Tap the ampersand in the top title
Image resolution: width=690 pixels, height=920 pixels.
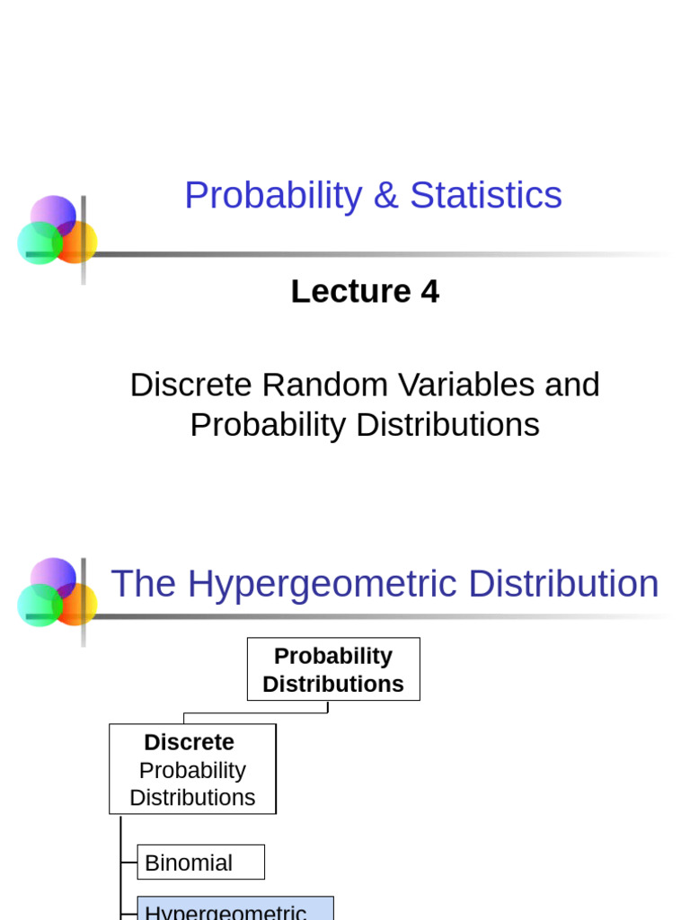point(385,196)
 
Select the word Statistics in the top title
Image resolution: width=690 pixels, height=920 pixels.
point(486,196)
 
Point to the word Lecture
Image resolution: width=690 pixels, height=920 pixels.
point(349,292)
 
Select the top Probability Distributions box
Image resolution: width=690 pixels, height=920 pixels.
point(333,669)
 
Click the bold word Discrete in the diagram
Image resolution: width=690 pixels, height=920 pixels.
point(189,742)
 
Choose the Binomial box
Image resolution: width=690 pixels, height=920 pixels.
point(200,862)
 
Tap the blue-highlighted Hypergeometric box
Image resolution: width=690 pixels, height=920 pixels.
point(234,909)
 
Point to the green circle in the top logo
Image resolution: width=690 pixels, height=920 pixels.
point(38,243)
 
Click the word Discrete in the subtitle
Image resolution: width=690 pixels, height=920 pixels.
point(191,385)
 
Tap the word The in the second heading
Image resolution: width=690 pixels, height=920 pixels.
point(144,584)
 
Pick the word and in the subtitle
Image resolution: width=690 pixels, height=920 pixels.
point(572,385)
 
